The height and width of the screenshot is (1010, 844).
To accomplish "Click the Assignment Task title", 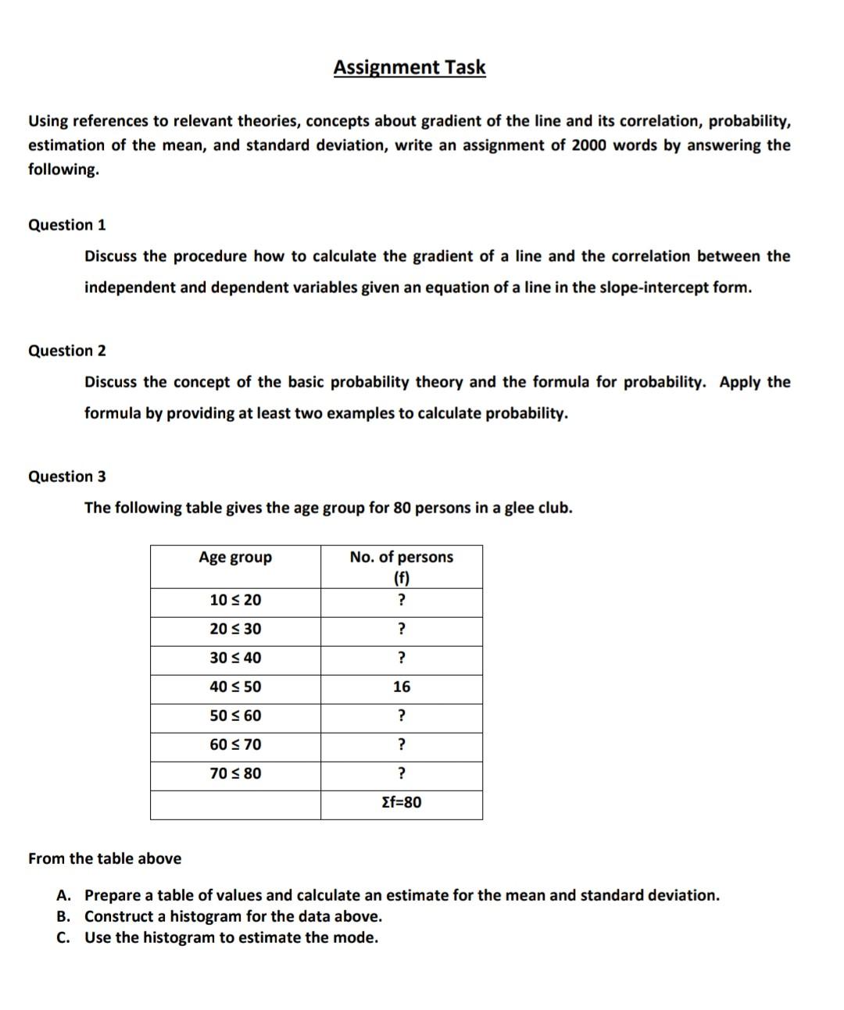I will pos(409,67).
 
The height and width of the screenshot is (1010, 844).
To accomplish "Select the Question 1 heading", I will pos(67,225).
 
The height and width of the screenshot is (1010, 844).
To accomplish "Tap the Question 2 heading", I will pos(67,351).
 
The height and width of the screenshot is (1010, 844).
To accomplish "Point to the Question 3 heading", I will pos(67,476).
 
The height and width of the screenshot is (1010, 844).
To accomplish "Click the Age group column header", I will pos(235,557).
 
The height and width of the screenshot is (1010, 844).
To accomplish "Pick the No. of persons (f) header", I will pos(401,566).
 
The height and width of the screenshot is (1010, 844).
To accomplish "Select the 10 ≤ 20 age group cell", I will pos(235,600).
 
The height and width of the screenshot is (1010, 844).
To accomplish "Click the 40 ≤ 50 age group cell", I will pos(235,687).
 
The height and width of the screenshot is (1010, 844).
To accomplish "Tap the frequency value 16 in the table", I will pos(401,687).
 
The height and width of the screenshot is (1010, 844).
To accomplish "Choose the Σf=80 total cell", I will pos(401,802).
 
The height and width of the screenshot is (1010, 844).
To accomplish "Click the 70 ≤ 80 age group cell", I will pos(235,773).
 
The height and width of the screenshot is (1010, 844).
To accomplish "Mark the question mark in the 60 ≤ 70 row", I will pos(401,744).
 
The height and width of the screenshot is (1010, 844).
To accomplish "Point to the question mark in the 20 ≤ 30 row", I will pos(401,629).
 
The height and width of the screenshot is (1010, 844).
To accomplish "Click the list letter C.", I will pos(65,937).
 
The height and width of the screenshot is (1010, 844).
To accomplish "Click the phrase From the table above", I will pos(105,858).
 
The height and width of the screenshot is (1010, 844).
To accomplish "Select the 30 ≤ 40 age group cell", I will pos(235,658).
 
